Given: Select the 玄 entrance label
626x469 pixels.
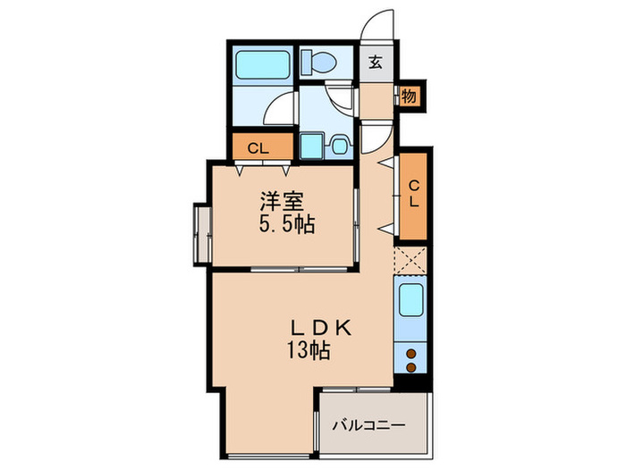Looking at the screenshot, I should [376, 63].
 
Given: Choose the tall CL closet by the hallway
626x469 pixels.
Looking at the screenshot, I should [413, 195].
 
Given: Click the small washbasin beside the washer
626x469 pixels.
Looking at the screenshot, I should [339, 145].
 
